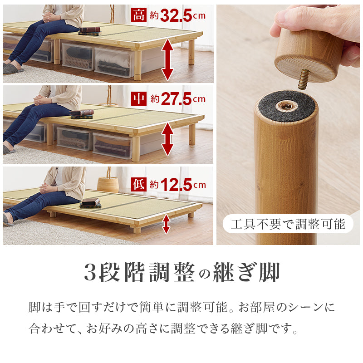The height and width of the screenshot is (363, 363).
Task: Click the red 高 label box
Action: pos(139,15)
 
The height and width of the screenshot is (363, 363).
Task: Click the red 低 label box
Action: pos(139,184)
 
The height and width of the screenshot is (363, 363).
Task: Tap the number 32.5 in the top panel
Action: pos(177,15)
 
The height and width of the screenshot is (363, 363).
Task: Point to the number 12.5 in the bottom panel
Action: pos(177,185)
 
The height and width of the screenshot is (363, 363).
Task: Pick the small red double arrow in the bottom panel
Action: pos(167,224)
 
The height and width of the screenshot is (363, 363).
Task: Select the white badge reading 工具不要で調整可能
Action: pos(288,224)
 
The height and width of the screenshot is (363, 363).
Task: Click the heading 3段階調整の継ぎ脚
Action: pos(181,273)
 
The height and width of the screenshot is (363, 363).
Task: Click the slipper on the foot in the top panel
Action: pos(12,69)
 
